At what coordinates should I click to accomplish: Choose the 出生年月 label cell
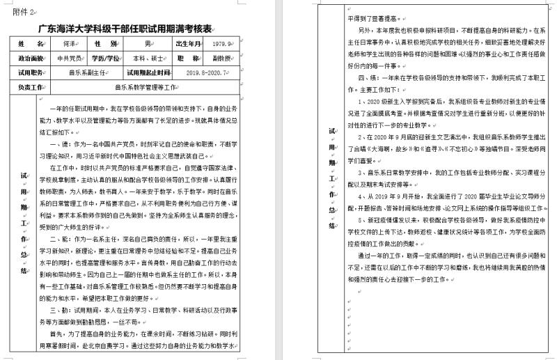188,43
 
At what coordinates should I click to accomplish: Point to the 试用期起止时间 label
148,72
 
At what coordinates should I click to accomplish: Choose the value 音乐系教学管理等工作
142,88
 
